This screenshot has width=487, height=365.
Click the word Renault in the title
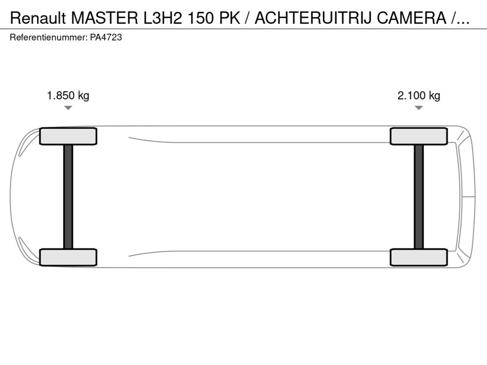coord(38,18)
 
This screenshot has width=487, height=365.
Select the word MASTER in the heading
coord(105,18)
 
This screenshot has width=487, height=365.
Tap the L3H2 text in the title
coord(162,18)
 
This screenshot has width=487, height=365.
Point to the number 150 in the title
coord(201,18)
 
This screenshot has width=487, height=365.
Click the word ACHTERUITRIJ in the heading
coord(313,18)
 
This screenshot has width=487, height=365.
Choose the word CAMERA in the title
coord(412,18)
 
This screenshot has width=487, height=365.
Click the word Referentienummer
coord(49,38)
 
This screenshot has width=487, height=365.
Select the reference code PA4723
coord(106,38)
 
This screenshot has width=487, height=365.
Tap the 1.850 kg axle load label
coord(68,96)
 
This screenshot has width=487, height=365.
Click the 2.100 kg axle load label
coord(419,96)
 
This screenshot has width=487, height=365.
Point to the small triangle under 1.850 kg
coord(68,108)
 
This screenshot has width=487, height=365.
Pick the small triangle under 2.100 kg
coord(419,108)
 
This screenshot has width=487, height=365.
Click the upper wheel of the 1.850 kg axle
coord(68,136)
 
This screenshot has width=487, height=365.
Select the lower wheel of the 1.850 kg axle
coord(68,257)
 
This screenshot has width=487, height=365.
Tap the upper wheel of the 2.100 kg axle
coord(419,136)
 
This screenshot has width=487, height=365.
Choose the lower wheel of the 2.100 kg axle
coord(419,257)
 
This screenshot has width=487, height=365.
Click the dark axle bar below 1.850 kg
coord(68,197)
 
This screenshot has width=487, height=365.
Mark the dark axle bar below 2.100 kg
coord(419,197)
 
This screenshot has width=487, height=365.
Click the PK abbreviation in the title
coord(230,18)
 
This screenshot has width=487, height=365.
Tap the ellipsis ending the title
coord(463,22)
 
